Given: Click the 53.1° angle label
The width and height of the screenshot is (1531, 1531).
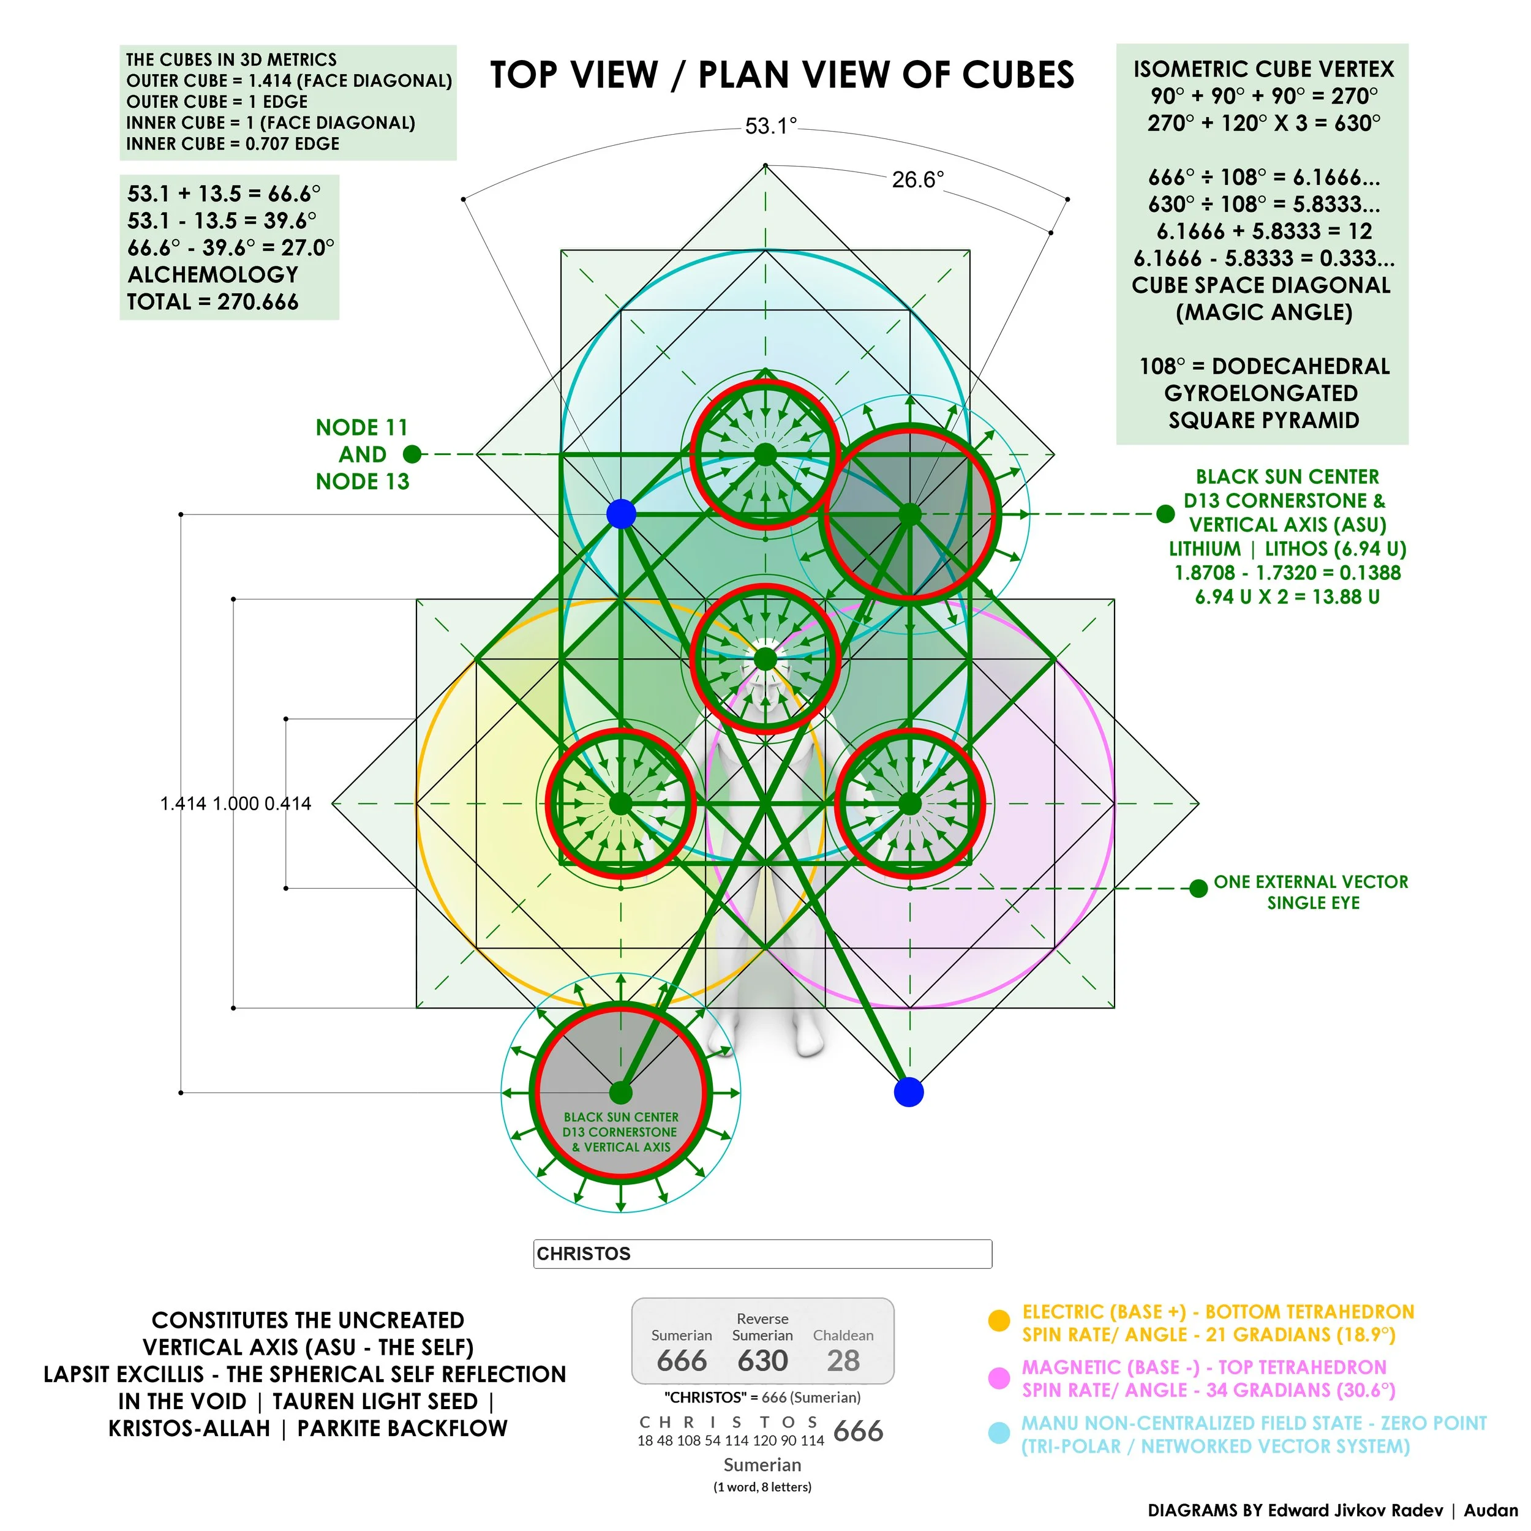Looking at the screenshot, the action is pos(770,126).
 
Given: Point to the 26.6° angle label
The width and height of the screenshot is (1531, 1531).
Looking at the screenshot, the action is pos(917,180).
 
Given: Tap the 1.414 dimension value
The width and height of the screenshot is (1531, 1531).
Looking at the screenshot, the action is pos(184,803).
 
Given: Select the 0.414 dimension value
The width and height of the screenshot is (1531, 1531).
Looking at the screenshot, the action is pos(288,803).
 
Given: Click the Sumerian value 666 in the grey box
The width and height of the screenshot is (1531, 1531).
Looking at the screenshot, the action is pos(682,1361).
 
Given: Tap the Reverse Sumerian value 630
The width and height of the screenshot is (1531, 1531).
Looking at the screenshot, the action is pos(762,1361).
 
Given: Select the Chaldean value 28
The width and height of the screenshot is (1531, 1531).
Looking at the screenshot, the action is pos(843,1361).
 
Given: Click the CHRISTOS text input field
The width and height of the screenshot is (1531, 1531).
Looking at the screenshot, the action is pos(762,1254).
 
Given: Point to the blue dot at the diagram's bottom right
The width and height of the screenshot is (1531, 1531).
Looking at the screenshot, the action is pos(909,1092).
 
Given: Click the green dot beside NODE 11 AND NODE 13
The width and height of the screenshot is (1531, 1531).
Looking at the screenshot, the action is pos(412,454).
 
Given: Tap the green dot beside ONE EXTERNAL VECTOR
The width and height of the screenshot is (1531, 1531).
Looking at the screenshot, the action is pos(1198,889).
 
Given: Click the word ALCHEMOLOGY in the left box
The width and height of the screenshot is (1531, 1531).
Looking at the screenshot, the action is pos(213,274).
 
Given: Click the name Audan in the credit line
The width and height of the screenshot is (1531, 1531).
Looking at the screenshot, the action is pos(1491,1510).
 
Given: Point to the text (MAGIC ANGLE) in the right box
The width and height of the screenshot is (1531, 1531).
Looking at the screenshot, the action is pos(1264,312).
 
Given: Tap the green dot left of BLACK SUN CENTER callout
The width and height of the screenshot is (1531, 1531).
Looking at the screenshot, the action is pos(1165,514).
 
